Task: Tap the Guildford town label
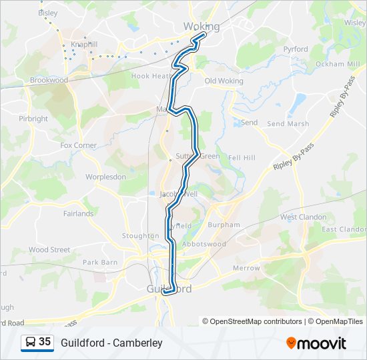point(169,289)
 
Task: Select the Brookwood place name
point(49,80)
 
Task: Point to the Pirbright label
point(33,119)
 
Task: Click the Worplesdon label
point(105,177)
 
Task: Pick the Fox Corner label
point(78,145)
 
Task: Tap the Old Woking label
point(224,81)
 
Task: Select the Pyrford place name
point(295,49)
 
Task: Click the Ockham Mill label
point(337,64)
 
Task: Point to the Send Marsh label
point(288,124)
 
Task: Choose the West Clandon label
point(303,217)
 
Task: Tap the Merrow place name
point(246,268)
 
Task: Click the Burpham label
point(224,225)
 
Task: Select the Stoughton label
point(140,236)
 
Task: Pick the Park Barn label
point(100,263)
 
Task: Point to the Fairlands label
point(78,214)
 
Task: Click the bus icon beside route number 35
point(30,342)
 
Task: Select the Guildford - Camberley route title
point(111,343)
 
